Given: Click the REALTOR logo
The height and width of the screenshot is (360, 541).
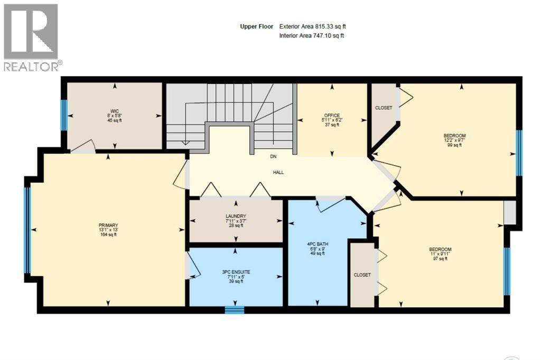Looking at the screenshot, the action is coord(31,37).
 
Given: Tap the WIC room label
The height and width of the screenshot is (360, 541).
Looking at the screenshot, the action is coord(115,111).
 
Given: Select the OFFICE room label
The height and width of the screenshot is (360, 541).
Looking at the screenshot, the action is coord(332,116).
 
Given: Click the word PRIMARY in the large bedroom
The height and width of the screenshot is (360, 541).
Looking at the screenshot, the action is coord(108,225).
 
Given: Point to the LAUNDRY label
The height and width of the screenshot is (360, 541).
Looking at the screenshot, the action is coord(236,216).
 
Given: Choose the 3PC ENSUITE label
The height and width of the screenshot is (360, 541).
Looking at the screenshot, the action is coord(236,272).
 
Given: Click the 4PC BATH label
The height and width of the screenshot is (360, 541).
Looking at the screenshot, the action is coord(318,244).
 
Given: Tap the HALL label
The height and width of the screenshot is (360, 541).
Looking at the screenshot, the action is coord(278,172).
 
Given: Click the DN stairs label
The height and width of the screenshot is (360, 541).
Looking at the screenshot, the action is coord(273,157).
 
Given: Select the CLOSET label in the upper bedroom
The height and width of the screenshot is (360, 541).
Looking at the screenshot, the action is coord(384,108).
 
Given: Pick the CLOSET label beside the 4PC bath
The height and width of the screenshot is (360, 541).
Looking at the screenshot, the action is coord(362,275).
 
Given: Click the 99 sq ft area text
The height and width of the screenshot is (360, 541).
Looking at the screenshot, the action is coord(454,145).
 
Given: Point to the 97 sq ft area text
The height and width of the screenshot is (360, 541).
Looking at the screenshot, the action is coord(440,259).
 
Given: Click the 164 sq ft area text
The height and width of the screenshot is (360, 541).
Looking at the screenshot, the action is coord(108,235).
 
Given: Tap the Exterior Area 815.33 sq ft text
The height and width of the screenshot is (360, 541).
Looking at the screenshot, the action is coord(313,26).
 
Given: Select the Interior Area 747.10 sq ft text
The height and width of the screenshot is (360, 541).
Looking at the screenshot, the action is coord(312,35).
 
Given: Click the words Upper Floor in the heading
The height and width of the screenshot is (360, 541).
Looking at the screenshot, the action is coord(257,26).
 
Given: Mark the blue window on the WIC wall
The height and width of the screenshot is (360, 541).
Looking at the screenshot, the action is coord(64,115).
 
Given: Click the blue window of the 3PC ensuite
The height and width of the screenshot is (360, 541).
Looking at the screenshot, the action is coord(235,310).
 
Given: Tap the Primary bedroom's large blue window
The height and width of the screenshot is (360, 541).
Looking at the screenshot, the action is coord(27,230).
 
